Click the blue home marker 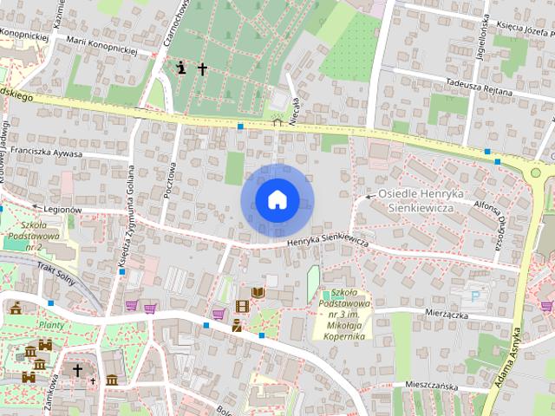click(276, 200)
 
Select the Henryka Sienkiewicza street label click(329, 240)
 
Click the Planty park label click(52, 326)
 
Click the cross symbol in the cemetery click(202, 68)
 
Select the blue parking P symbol click(474, 295)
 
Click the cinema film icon click(242, 306)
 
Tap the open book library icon click(258, 293)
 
